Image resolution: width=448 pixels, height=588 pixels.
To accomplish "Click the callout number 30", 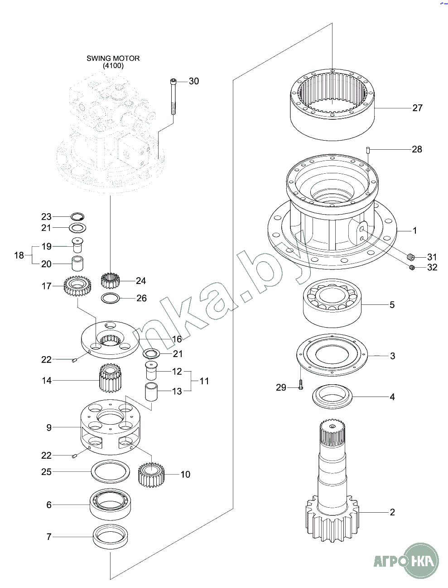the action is (x=193, y=81).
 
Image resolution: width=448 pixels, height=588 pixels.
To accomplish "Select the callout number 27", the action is (x=417, y=108).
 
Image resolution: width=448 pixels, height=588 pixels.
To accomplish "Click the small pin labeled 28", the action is (x=368, y=150).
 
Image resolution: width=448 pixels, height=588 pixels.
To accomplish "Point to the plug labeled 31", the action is (x=410, y=257).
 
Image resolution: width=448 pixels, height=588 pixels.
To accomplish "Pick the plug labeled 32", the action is (x=412, y=267).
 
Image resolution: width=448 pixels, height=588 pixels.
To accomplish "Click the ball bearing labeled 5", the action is (x=332, y=303).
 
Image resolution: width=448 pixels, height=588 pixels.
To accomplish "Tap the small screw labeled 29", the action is (x=300, y=387).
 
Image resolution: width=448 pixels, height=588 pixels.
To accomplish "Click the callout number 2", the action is (x=392, y=512).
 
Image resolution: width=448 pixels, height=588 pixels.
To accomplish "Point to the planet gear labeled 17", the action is (x=77, y=286).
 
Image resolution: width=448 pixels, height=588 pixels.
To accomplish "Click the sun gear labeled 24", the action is (x=110, y=280).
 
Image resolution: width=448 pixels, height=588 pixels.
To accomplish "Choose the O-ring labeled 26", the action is (x=111, y=299).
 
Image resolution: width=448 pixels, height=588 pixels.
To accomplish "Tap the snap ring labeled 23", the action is (x=77, y=216).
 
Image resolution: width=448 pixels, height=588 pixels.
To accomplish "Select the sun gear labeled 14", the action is (x=110, y=378).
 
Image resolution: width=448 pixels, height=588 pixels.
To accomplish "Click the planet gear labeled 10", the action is (x=151, y=475).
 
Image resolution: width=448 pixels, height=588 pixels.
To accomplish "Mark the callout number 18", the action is (x=19, y=255).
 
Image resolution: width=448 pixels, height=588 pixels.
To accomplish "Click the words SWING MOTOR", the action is (x=113, y=59).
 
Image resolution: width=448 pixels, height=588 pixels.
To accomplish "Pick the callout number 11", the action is (x=204, y=381).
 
